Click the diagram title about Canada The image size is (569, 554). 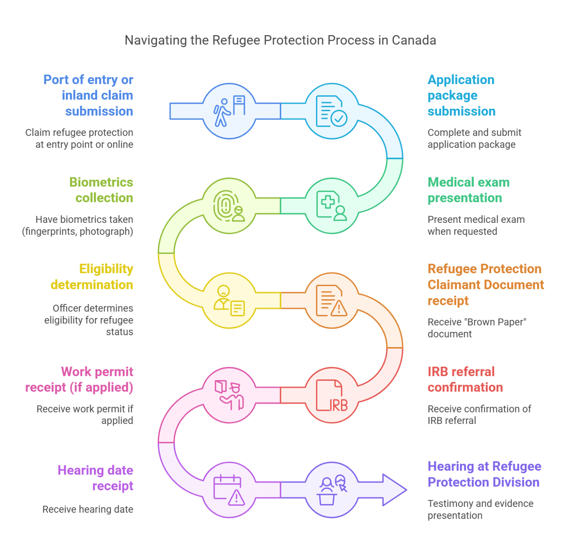[x=280, y=40]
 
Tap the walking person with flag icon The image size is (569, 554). [x=229, y=111]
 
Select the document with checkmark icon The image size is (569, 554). [x=332, y=111]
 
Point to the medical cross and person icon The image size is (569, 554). [x=332, y=206]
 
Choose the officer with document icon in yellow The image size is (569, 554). [x=229, y=300]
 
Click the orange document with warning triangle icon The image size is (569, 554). [x=332, y=300]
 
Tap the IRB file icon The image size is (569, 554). [x=332, y=395]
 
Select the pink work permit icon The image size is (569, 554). [x=229, y=395]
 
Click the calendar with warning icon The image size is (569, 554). [x=229, y=490]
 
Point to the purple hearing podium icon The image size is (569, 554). [x=332, y=490]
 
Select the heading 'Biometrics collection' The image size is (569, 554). [x=101, y=190]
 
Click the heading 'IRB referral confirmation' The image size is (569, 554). [x=465, y=379]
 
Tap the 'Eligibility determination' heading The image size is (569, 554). [x=92, y=277]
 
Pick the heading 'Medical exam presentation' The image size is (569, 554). [x=469, y=190]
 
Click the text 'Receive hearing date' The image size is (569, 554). [x=88, y=509]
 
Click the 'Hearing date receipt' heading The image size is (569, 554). [x=95, y=478]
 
